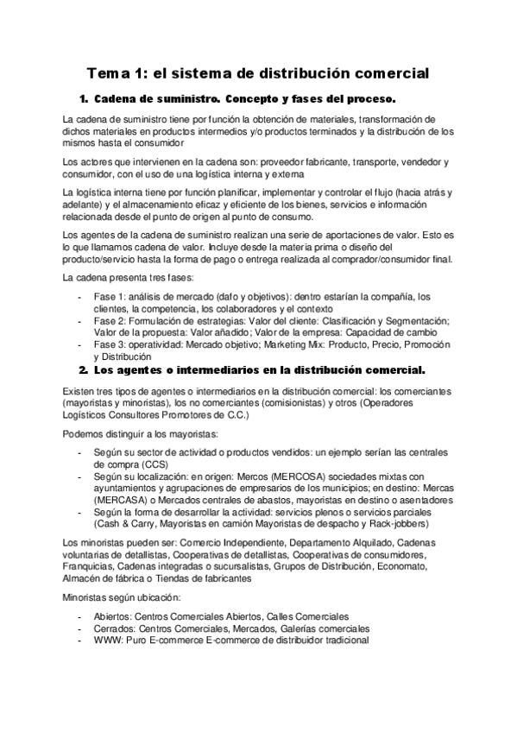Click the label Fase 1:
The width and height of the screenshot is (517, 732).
110,298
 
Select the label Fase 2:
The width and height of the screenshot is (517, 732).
110,321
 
